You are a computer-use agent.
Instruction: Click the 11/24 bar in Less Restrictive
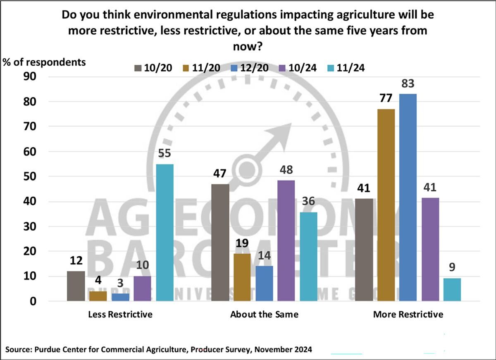click(165, 233)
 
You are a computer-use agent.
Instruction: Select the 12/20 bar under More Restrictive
click(408, 198)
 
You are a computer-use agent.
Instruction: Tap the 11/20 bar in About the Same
click(242, 277)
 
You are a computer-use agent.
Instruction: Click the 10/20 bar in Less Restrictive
click(76, 286)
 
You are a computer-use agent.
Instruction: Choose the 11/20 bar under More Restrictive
click(386, 205)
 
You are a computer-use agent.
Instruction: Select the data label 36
click(308, 202)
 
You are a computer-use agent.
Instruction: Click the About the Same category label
click(264, 315)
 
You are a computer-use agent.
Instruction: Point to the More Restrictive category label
click(408, 315)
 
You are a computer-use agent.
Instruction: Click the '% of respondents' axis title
click(45, 62)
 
